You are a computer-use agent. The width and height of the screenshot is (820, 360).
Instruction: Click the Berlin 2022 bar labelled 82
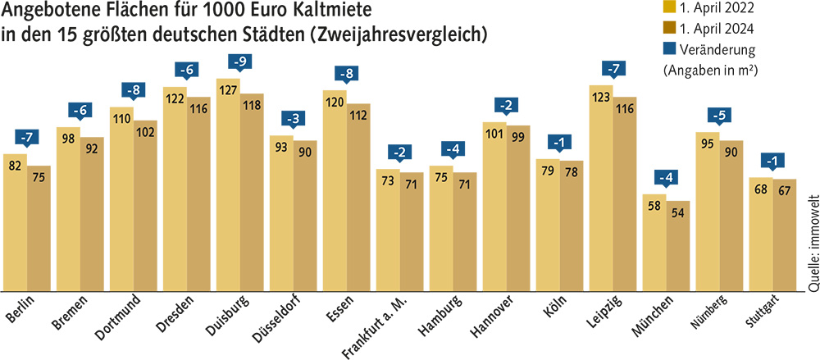tap(15, 221)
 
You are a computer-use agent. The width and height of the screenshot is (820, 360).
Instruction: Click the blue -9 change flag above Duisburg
tap(239, 62)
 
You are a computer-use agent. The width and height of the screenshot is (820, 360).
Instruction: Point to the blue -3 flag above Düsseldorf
tap(293, 118)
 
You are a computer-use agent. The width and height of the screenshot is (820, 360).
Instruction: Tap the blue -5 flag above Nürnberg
tap(719, 114)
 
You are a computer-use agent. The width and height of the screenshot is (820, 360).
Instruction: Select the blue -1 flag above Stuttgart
tap(772, 160)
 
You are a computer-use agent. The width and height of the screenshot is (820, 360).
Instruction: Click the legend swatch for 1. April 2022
tap(669, 9)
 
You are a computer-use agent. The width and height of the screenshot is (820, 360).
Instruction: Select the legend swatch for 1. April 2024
tap(669, 30)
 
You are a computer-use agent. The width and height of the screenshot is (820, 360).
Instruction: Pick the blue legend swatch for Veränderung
tap(669, 49)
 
